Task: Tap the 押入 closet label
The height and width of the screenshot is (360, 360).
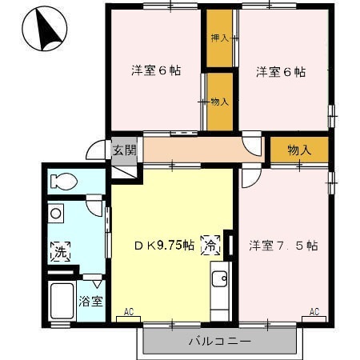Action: point(219,38)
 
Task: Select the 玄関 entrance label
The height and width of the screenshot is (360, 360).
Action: point(124,150)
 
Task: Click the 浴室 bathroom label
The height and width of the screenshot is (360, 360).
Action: point(90,302)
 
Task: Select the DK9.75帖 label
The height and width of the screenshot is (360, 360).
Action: point(162,246)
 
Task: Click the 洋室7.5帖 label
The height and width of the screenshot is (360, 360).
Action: point(283,246)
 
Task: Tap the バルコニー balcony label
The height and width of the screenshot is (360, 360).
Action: point(220,341)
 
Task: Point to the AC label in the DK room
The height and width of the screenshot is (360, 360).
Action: point(128,311)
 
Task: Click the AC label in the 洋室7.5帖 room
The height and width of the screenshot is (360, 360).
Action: point(314,311)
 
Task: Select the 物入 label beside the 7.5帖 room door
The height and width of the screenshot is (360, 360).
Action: point(298,150)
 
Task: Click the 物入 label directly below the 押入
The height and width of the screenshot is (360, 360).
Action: point(219,102)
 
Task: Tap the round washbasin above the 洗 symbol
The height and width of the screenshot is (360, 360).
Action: point(55,214)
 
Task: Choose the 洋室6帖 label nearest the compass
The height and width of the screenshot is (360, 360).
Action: point(156,70)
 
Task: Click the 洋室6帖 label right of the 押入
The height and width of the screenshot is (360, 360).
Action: point(281,72)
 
